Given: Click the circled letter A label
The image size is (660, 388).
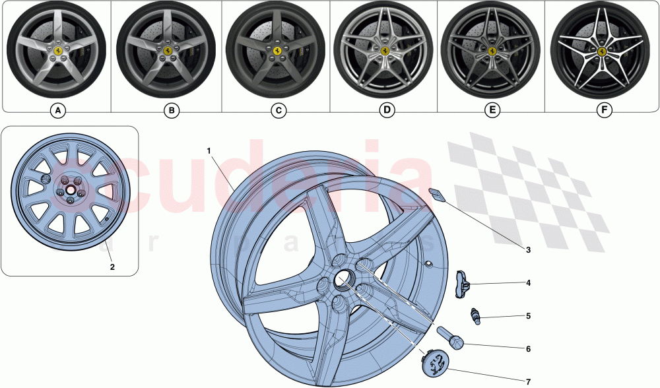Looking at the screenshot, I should point(58,111).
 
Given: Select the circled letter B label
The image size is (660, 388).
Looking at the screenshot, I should point(171,111).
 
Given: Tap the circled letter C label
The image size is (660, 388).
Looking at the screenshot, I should point(279,111).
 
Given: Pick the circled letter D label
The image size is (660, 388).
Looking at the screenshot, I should point(387,111).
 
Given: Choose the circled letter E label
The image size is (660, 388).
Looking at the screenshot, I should point(492,111).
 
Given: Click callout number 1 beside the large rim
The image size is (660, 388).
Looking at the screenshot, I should point(209,151).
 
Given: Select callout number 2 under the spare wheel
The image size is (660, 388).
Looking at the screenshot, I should point(112,267).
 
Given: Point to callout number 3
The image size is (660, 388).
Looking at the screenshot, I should point(528,249).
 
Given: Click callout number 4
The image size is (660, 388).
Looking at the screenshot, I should point(528,283).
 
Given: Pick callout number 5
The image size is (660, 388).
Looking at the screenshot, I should point(528,316).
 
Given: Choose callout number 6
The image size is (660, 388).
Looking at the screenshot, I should point(528,348).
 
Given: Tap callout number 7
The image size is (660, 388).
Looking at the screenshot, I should point(528,381).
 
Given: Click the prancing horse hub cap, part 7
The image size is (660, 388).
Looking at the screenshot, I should point(434,362).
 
